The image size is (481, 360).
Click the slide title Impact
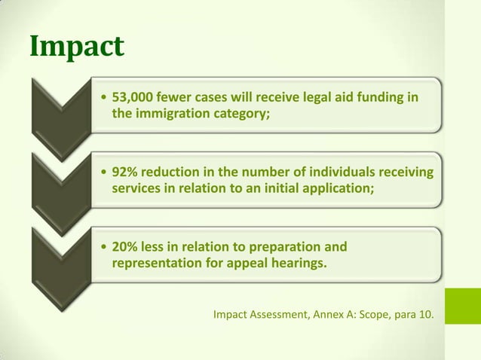pyautogui.click(x=76, y=47)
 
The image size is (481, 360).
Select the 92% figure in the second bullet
pyautogui.click(x=124, y=172)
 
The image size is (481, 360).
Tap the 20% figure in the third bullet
pyautogui.click(x=124, y=247)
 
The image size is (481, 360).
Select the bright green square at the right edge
pyautogui.click(x=462, y=306)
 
